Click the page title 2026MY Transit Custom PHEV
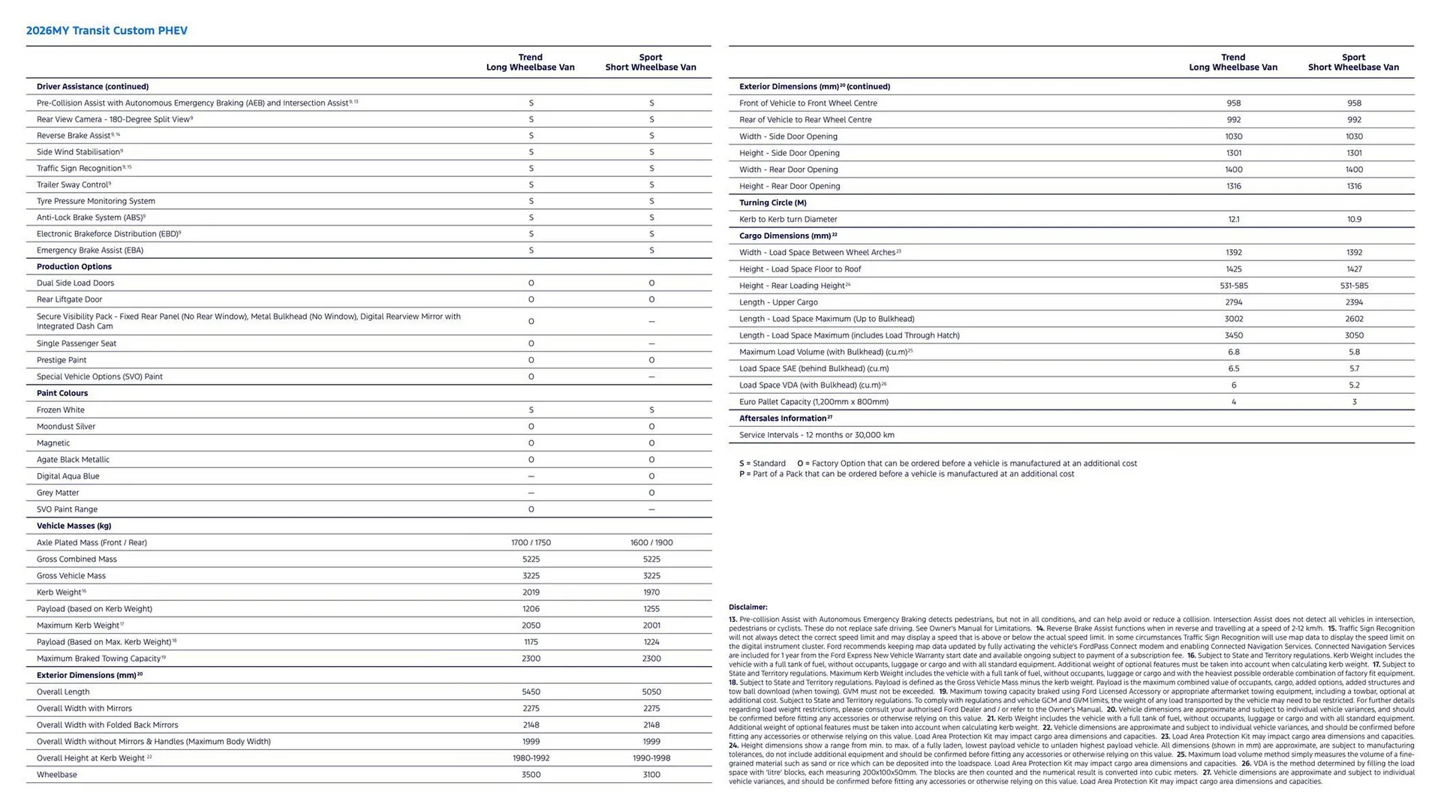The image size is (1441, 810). pos(107,31)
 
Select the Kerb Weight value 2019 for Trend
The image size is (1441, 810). pos(531,592)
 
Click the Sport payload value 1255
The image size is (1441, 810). pos(651,609)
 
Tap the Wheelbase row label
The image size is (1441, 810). pos(57,775)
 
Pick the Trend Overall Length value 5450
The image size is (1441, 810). pos(531,692)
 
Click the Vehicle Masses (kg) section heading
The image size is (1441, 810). pos(74,526)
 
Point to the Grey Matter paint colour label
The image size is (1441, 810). pos(58,493)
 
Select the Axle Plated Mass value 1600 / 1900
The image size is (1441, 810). pos(651,543)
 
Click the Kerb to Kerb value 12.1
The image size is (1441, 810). pos(1233,220)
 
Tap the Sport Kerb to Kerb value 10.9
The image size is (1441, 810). pos(1353,220)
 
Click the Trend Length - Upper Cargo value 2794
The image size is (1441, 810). pos(1233,302)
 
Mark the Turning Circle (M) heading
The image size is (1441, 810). pos(772,203)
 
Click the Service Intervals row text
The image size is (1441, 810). pos(817,435)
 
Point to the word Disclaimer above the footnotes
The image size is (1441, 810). pos(748,607)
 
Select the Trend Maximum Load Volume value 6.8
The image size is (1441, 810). pos(1233,352)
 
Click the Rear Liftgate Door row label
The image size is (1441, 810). pos(69,299)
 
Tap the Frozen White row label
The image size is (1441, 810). pos(61,410)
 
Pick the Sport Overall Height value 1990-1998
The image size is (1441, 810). pos(651,758)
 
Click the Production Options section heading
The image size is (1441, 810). pos(74,267)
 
